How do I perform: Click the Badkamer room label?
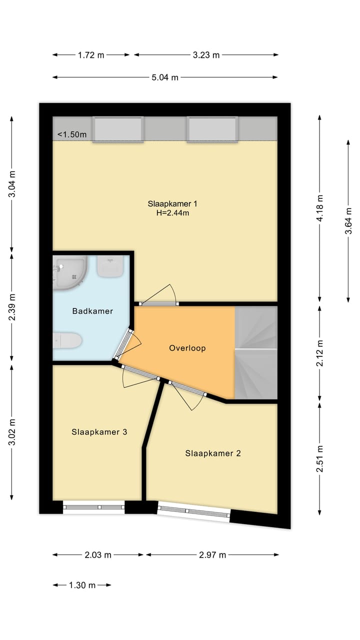[92, 311]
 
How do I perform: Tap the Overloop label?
[187, 348]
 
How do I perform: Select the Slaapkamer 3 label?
[99, 431]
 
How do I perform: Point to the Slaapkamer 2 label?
[213, 453]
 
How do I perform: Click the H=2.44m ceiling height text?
[172, 213]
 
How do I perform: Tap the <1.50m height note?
[72, 134]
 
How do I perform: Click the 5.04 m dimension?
[165, 77]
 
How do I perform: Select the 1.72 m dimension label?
[91, 55]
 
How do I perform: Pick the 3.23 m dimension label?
[206, 55]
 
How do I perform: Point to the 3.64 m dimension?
[348, 221]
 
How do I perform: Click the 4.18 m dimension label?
[319, 208]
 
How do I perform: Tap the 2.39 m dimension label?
[12, 307]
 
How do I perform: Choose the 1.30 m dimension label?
[82, 585]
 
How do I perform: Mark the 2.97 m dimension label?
[212, 555]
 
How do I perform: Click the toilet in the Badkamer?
[67, 340]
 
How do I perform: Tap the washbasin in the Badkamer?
[110, 266]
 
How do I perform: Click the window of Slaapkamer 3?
[93, 507]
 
